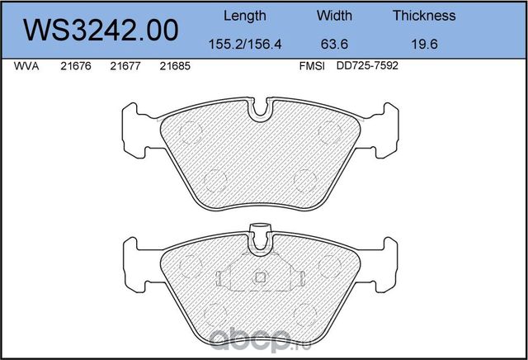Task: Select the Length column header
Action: (245, 16)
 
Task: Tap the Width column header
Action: (334, 16)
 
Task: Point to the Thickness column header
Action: (424, 16)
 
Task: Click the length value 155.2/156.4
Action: (245, 45)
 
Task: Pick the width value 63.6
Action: (334, 45)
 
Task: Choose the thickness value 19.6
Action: (424, 45)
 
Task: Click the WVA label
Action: (27, 69)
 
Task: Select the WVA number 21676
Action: (75, 69)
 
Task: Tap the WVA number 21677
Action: (125, 69)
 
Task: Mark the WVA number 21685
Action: (174, 69)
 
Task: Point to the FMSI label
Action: (311, 69)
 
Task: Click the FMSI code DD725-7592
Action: (368, 69)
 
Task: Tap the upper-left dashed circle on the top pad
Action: (190, 130)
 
